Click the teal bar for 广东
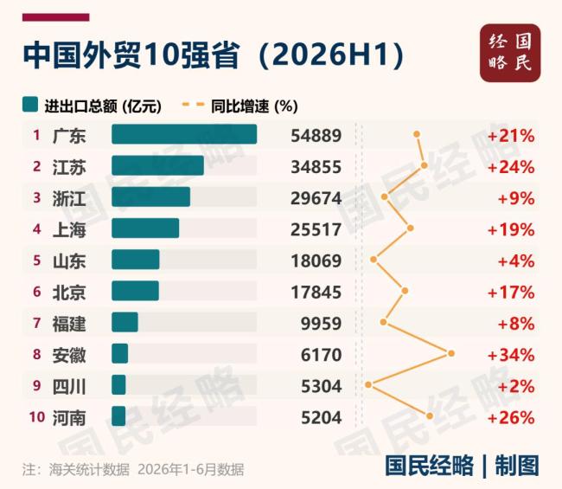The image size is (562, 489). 184,134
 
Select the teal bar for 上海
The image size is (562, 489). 145,228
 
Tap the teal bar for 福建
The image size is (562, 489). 125,322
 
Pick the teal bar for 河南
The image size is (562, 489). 118,416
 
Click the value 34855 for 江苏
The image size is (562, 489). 316,167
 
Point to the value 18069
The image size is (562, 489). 316,261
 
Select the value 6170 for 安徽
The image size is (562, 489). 321,355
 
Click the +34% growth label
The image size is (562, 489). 511,355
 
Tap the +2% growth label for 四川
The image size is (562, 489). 516,386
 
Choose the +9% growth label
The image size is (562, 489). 516,198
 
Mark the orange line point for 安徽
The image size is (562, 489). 451,353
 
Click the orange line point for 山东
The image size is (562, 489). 374,259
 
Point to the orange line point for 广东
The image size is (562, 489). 417,134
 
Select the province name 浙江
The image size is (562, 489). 69,198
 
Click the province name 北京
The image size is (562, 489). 69,293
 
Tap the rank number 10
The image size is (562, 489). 37,417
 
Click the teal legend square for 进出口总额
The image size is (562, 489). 30,105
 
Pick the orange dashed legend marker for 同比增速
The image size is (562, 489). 193,105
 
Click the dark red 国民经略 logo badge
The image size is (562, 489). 510,53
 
